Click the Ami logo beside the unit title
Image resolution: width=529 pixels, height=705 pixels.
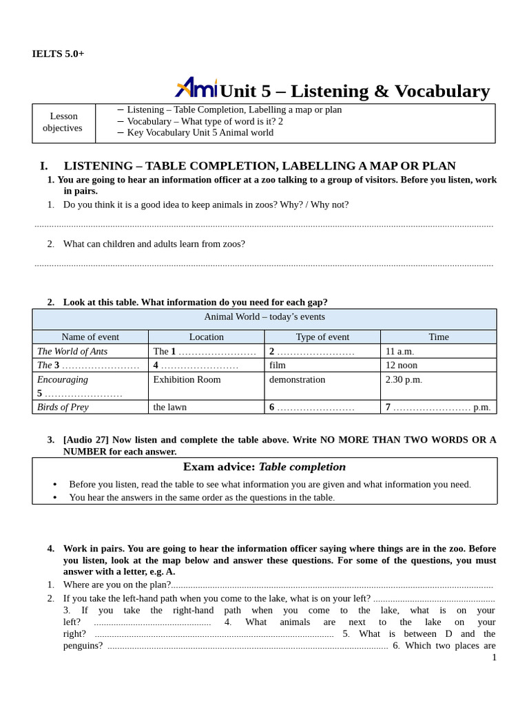[196, 88]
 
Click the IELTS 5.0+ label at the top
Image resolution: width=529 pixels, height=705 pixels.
[58, 54]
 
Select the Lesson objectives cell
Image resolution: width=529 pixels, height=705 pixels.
[63, 122]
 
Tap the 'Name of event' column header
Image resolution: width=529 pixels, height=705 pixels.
[90, 337]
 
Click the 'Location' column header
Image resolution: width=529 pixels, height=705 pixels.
[206, 337]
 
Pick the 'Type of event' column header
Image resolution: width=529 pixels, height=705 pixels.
[322, 337]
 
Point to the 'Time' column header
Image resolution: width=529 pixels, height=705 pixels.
[438, 337]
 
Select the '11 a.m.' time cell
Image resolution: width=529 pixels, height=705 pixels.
[400, 351]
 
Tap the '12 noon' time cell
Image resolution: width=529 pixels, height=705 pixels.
[401, 365]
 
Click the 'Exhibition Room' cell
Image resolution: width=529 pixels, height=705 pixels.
[187, 379]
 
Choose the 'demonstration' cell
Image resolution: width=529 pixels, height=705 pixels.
[297, 379]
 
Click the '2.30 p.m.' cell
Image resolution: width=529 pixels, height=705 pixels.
[404, 379]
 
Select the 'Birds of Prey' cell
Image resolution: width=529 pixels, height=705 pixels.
[63, 407]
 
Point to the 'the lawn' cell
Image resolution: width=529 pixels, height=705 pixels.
[169, 407]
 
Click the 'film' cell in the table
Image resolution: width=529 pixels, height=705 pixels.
[278, 365]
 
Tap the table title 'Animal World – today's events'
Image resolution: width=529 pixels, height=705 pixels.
[264, 317]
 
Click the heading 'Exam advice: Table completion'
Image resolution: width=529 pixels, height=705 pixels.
[264, 467]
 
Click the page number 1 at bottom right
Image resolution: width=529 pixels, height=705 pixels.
[494, 657]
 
